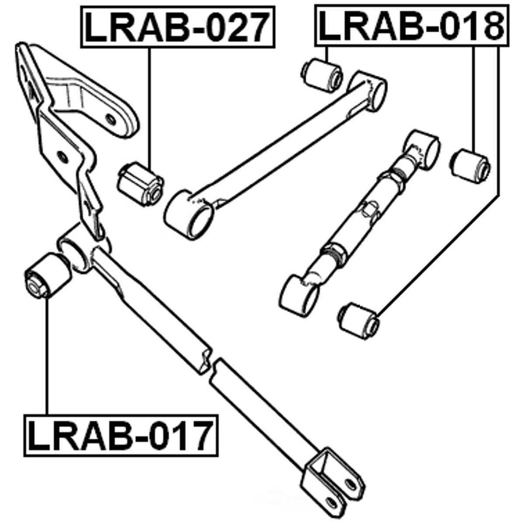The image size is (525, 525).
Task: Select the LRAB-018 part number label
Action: click(x=410, y=26)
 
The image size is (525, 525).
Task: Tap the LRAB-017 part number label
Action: click(x=120, y=435)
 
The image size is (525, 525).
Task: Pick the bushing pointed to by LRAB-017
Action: click(x=48, y=275)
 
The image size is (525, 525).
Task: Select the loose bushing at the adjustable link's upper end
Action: click(x=470, y=164)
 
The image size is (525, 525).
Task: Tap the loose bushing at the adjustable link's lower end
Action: click(x=359, y=320)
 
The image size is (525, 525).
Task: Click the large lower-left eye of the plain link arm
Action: click(x=189, y=214)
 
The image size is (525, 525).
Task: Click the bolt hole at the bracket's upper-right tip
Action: click(x=112, y=119)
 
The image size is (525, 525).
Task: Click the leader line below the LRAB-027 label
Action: click(x=149, y=104)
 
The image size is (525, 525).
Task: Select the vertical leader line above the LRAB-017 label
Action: click(x=48, y=355)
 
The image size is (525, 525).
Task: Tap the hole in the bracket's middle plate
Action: click(x=63, y=157)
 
